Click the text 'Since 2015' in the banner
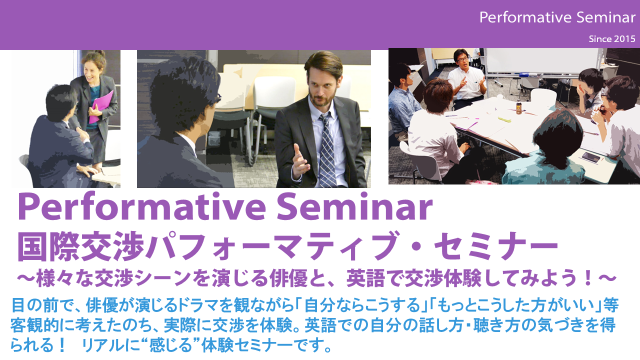[x=612, y=39]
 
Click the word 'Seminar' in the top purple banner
[x=605, y=17]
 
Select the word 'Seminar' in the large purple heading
[x=354, y=206]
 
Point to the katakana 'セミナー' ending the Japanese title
[x=495, y=246]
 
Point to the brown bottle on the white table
[x=519, y=107]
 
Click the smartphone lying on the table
[x=591, y=157]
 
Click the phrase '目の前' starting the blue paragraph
[x=36, y=305]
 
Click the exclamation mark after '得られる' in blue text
[x=61, y=345]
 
